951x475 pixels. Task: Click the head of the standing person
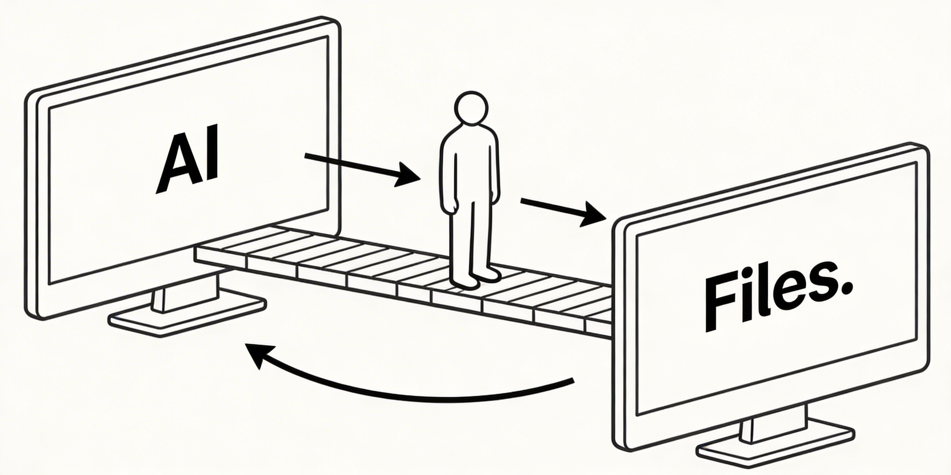(471, 108)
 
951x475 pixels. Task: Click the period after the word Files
(845, 286)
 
